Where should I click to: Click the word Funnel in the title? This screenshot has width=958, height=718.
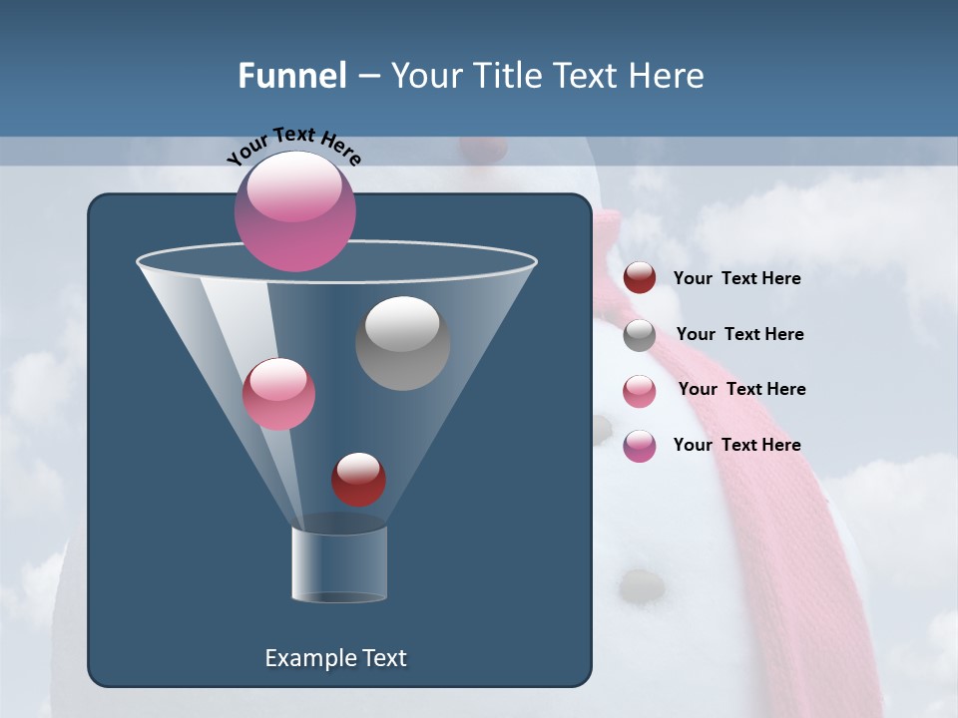point(291,76)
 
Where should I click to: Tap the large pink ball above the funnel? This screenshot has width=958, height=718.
point(295,211)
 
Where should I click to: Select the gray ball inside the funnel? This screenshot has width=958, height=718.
point(402,343)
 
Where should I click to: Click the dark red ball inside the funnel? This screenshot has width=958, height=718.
point(358,480)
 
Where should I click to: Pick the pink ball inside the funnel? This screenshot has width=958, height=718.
point(278,394)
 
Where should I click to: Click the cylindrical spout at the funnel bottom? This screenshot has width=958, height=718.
point(339,564)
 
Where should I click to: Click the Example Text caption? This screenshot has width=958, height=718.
point(335,658)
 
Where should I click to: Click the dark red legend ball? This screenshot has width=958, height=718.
point(640,278)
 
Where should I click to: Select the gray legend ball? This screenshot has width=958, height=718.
point(640,335)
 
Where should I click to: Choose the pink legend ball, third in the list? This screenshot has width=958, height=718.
point(640,390)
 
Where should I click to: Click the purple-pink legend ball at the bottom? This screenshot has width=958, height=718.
point(640,446)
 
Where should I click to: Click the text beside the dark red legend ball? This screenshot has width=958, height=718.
point(736,279)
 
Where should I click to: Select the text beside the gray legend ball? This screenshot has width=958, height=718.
point(739,335)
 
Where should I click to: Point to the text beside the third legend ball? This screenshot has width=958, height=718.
point(741,390)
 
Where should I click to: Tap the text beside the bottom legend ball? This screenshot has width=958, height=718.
point(736,446)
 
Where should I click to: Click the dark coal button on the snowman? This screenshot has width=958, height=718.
point(642,585)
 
